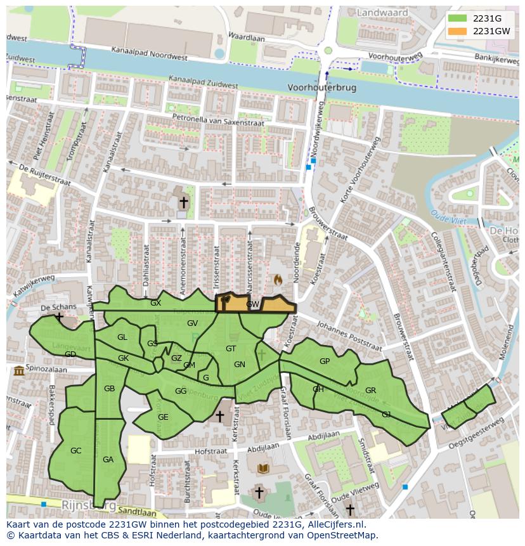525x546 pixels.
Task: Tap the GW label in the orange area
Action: tap(253, 305)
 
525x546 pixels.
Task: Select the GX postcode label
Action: tap(155, 303)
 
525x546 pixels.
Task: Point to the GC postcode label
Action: tap(75, 451)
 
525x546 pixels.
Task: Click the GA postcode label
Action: tap(108, 460)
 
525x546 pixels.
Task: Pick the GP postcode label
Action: tap(325, 361)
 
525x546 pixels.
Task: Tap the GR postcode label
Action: tap(370, 391)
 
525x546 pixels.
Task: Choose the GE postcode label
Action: tap(163, 417)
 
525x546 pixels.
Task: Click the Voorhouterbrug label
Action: tap(321, 88)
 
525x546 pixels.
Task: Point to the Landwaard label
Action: tap(382, 12)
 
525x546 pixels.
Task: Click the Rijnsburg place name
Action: tap(89, 505)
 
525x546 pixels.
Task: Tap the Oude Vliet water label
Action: tap(448, 217)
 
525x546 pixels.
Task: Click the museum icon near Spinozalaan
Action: tap(18, 370)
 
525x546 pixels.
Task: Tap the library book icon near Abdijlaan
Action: tap(262, 469)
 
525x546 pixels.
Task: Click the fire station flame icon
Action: tap(277, 279)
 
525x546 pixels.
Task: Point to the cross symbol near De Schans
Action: tap(59, 316)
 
